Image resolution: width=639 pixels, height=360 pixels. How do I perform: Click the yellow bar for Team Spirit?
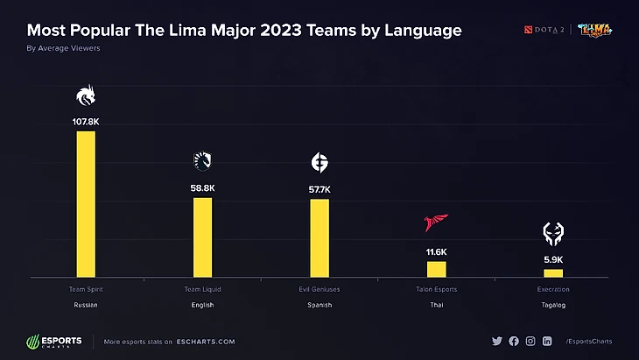86,204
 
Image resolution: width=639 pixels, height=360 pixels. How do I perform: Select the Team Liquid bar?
202,237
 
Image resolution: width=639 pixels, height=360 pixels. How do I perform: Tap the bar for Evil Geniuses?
319,238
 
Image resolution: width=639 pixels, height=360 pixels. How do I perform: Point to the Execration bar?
553,273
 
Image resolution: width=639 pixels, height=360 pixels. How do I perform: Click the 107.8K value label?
86,123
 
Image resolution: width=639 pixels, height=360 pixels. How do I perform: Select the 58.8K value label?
202,187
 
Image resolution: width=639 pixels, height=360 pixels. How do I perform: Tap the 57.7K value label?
319,189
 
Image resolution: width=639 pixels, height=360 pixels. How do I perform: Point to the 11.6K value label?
436,252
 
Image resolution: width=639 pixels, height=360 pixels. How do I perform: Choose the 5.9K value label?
553,260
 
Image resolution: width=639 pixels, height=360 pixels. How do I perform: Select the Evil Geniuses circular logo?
319,162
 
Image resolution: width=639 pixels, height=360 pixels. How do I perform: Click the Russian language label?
86,305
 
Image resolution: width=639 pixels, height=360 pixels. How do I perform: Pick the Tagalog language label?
553,305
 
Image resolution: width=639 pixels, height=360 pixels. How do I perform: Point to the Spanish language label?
319,305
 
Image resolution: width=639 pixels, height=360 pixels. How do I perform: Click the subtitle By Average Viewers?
63,48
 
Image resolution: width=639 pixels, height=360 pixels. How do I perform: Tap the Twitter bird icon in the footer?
497,341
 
